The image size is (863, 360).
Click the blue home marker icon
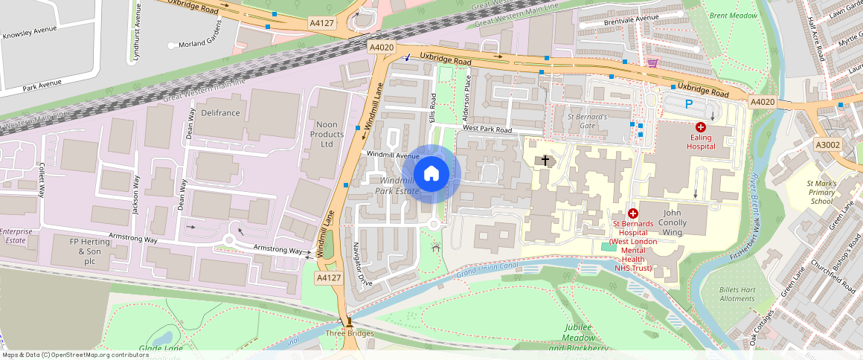click(431, 174)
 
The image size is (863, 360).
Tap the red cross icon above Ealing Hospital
click(700, 127)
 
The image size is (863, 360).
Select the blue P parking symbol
click(689, 105)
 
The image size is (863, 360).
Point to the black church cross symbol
click(545, 160)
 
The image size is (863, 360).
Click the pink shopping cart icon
click(652, 63)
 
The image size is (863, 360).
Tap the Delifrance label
click(220, 112)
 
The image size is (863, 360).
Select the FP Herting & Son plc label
click(84, 251)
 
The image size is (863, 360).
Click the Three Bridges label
click(349, 332)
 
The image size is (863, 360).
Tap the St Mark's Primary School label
click(821, 192)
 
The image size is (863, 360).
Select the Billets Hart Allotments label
click(737, 294)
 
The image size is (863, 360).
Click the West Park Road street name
click(487, 130)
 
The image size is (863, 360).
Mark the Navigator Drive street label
click(362, 263)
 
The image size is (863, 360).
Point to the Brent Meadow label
click(733, 16)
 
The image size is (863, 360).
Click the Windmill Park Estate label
click(399, 186)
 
